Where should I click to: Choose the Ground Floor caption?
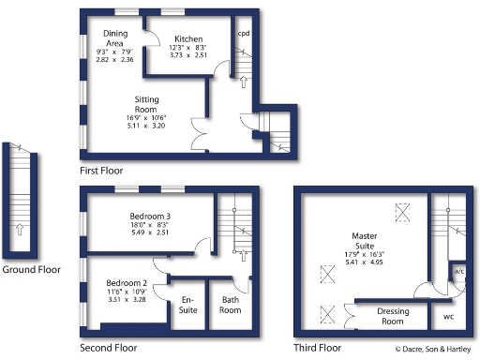point(30,270)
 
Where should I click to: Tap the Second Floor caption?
point(109,347)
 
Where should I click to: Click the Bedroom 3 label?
point(150,217)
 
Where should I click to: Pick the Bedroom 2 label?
point(125,283)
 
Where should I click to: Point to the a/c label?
point(458,272)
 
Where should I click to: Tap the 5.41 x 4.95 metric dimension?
point(364,263)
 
